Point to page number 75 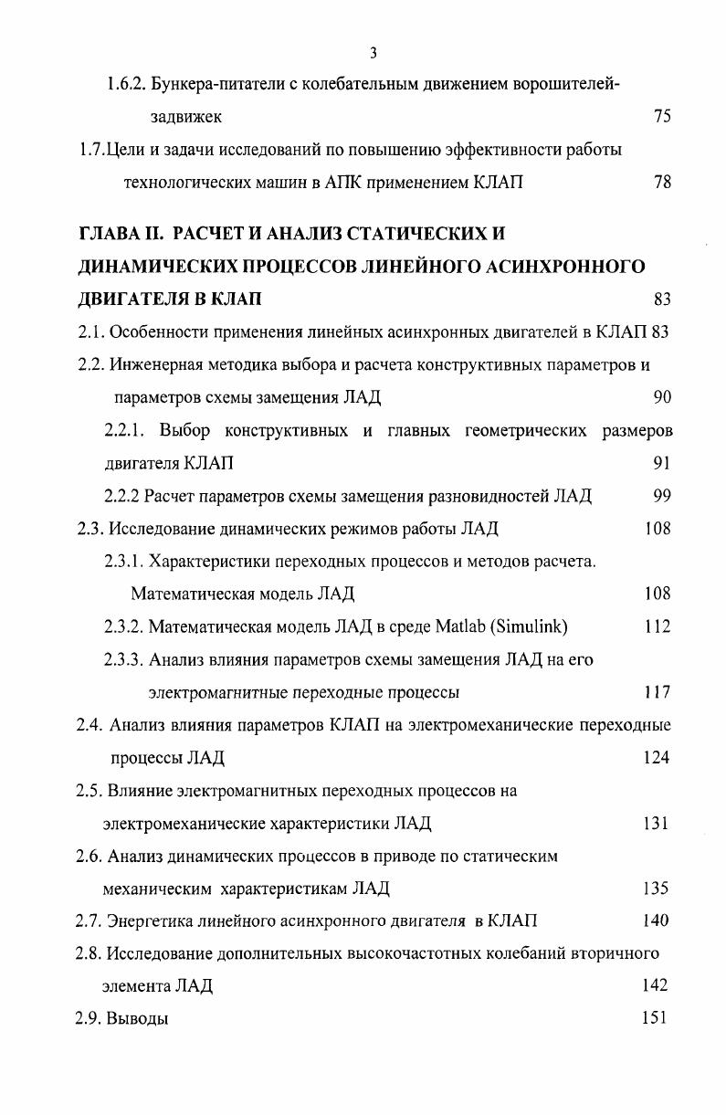tap(662, 117)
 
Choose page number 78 tap(662, 183)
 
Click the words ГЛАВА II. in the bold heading tap(121, 234)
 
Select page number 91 tap(662, 463)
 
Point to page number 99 tap(662, 496)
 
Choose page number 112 tap(657, 626)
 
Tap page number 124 tap(657, 758)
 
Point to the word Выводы tap(138, 1018)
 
